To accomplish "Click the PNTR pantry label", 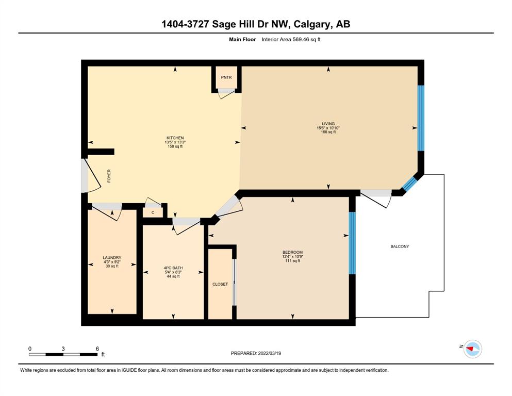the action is pos(226,77).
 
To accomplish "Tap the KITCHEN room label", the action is pos(175,138).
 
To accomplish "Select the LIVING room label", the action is pos(328,124).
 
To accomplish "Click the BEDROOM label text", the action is pos(292,252).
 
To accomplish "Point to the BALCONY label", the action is pos(400,246).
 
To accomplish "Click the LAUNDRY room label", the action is pos(112,258).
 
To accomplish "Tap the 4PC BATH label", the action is pos(173,268).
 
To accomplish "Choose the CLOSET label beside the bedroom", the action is pos(220,284).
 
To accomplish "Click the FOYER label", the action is pos(109,176).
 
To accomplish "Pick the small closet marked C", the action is pos(153,212).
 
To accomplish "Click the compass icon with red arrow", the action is pos(473,349).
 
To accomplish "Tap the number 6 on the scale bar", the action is pos(97,349).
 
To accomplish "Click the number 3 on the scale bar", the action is pos(63,349).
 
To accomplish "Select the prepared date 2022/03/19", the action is pos(269,353).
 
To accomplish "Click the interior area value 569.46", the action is pos(301,40).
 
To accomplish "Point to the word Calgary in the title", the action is pos(312,24).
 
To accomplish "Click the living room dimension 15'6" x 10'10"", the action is pos(328,128).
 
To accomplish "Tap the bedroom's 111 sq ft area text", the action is pos(292,261).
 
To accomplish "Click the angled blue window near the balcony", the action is pos(409,184).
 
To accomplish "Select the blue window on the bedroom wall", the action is pos(352,243).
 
